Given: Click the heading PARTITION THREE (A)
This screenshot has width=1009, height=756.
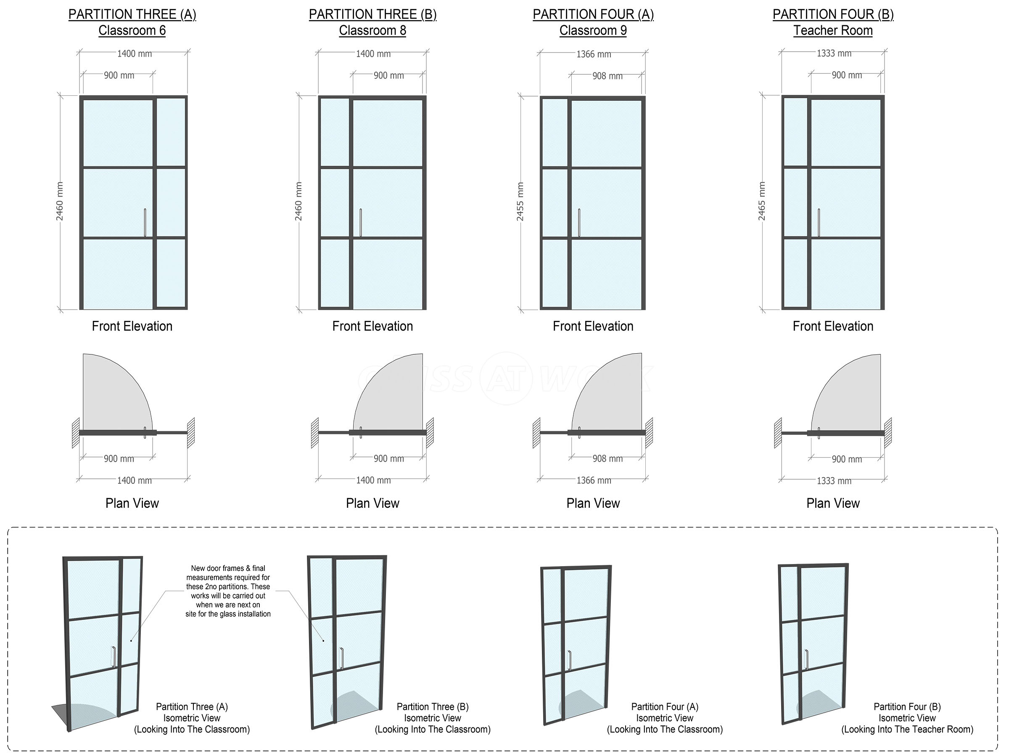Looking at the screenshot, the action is point(132,15).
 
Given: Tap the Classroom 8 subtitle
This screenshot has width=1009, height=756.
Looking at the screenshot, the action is point(372,31).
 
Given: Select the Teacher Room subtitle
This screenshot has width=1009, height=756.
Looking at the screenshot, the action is point(833,31).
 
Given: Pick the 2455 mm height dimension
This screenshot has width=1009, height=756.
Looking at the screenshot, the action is point(520,202).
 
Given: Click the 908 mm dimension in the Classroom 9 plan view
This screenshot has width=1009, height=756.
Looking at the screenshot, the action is point(608,459).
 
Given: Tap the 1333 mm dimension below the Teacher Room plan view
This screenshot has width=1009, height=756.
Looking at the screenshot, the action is point(834,481).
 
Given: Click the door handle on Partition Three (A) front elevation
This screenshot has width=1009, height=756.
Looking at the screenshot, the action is point(145,223).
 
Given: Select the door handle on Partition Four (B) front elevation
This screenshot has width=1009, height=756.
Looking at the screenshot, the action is point(819,223).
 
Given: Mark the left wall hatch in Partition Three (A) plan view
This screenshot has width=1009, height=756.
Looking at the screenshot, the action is point(76,433).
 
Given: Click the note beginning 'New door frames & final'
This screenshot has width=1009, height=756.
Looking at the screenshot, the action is point(228,591).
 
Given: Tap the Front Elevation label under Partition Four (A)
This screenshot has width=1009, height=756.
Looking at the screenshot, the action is point(593,326).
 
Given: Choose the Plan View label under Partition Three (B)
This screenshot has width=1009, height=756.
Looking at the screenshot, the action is point(372,503).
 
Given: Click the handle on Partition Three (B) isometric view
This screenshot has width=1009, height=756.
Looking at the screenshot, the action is point(342,659).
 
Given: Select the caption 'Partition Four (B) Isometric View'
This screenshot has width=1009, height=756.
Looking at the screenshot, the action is point(907,712).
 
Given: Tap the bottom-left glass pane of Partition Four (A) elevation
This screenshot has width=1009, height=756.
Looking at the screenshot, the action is point(555,273).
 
